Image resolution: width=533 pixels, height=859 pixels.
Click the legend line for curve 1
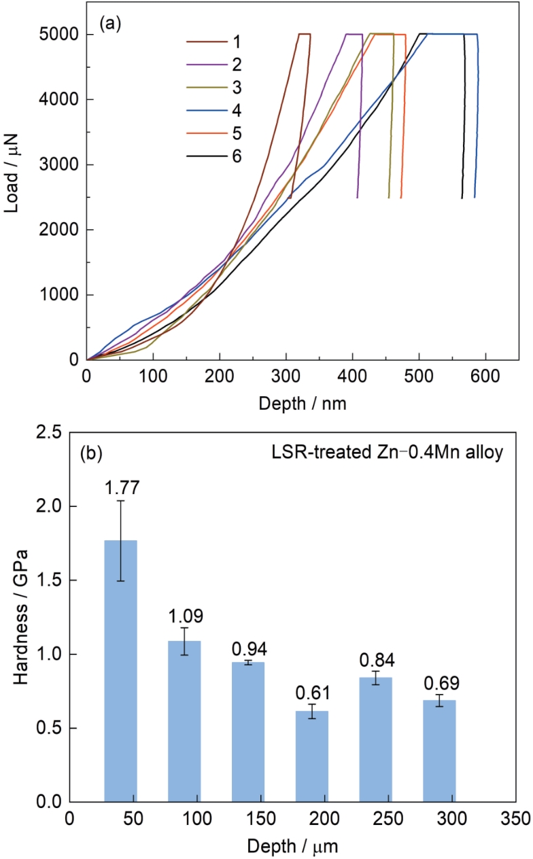tap(202, 42)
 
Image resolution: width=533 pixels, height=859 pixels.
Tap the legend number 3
tap(235, 88)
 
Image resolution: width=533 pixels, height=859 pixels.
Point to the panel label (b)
tap(92, 453)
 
